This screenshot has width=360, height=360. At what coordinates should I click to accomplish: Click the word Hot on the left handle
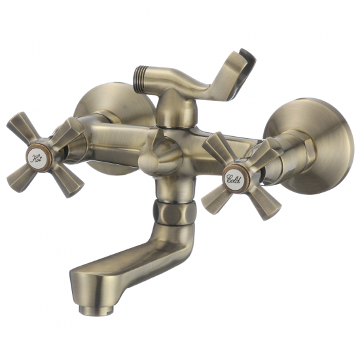point(36,158)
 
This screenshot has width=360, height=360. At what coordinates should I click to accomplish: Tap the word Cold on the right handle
point(234,179)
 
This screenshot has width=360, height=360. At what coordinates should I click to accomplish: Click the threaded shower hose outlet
point(141,79)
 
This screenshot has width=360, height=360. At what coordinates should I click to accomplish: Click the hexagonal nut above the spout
point(175,211)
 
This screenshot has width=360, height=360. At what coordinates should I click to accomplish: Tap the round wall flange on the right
point(313,145)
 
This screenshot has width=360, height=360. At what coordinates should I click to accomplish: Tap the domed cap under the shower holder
point(176,107)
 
